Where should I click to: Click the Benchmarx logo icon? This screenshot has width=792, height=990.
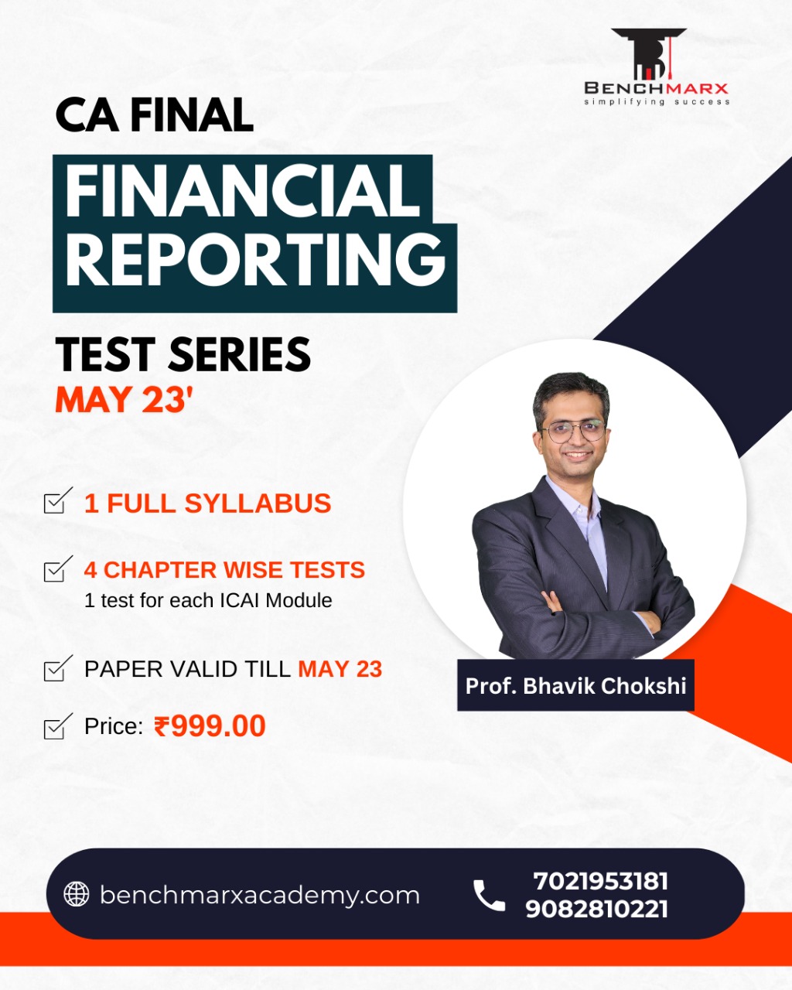coord(649,53)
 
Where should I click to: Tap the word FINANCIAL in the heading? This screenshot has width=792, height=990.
coord(243,190)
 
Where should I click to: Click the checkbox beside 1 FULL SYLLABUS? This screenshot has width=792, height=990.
coord(58,500)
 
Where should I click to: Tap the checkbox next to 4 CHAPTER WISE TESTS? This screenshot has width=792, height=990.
coord(58,568)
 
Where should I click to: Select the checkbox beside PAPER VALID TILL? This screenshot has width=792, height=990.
coord(58,668)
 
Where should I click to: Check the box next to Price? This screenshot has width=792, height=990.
coord(58,726)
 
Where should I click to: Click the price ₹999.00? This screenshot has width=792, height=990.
coord(210,726)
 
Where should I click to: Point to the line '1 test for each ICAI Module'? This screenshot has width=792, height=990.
coord(208,600)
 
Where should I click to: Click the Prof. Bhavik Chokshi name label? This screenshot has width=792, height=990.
coord(575,685)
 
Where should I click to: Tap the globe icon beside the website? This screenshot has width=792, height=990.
coord(77,894)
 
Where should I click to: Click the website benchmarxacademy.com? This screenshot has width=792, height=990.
coord(260,895)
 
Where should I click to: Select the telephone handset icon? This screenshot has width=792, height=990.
coord(489,895)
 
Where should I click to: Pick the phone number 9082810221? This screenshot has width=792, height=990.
coord(596,909)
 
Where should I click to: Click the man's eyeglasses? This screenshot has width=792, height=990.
coord(572,431)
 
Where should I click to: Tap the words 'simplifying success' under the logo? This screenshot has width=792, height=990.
coord(657,101)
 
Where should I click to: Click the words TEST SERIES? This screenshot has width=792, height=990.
coord(183,354)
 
